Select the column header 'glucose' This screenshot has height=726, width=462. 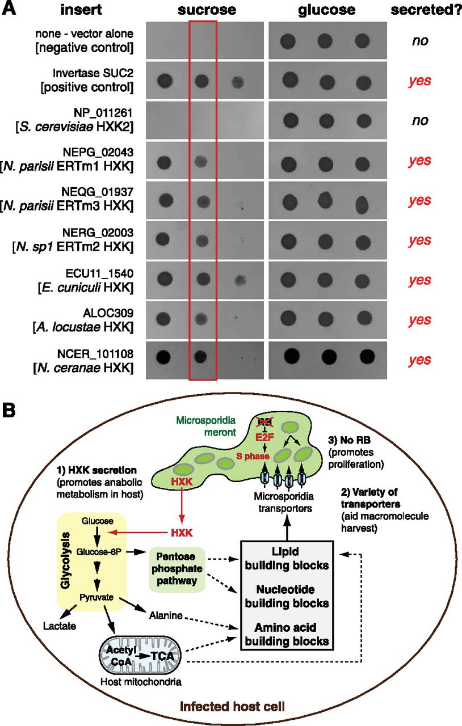327,10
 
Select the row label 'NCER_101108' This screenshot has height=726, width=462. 100,353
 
